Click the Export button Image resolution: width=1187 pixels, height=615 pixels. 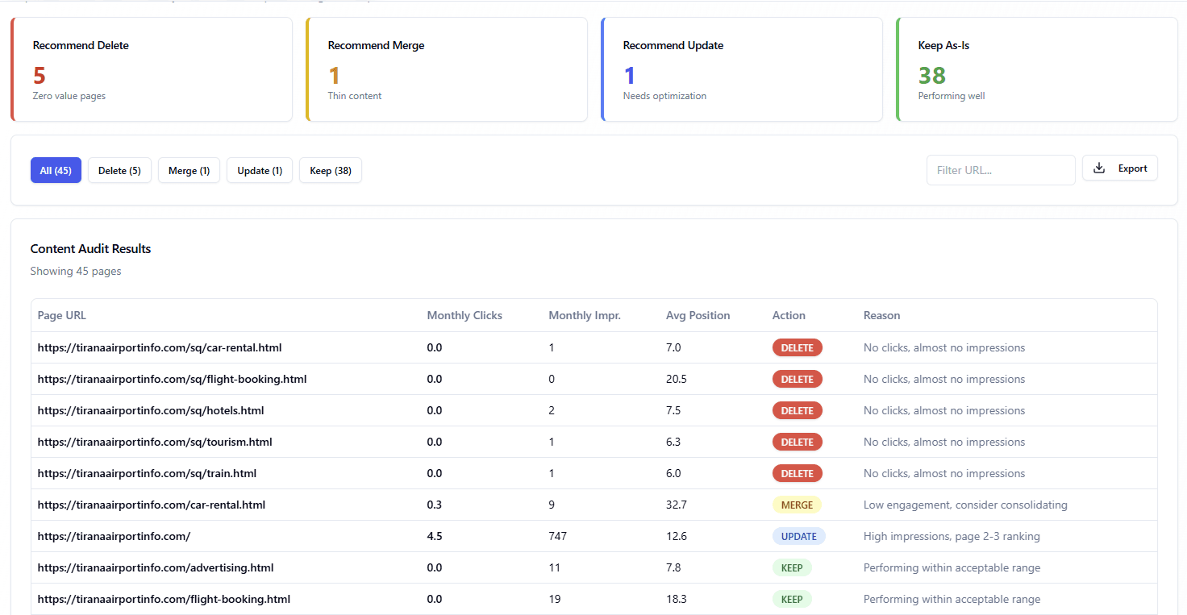coord(1119,168)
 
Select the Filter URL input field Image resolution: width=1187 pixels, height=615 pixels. coord(1000,170)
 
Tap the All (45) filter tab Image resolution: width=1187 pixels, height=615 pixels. coord(56,170)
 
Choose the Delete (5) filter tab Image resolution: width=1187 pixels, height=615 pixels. coord(119,170)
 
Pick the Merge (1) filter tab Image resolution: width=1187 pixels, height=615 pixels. coord(189,170)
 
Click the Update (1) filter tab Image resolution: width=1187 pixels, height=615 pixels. coord(260,170)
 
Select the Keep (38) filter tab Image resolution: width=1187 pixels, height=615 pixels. coord(331,170)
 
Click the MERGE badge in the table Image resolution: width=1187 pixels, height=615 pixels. coord(797,505)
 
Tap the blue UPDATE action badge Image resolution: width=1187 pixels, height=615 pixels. coord(799,536)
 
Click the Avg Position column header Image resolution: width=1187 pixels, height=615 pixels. coord(698,315)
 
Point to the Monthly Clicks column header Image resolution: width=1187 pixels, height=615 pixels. coord(464,315)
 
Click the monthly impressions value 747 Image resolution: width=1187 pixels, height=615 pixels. coord(558,536)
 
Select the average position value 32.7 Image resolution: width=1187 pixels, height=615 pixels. coord(676,505)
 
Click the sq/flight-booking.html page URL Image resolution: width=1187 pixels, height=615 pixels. coord(172,379)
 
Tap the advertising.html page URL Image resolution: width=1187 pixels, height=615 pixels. coord(156,567)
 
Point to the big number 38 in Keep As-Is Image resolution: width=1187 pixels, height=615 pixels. coord(931,75)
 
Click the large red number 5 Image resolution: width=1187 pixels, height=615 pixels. coord(39,75)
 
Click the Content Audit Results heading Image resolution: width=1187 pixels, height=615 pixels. coord(90,248)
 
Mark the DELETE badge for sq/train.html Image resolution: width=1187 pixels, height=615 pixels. coord(797,473)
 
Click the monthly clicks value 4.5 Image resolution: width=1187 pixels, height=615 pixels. coord(435,536)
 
